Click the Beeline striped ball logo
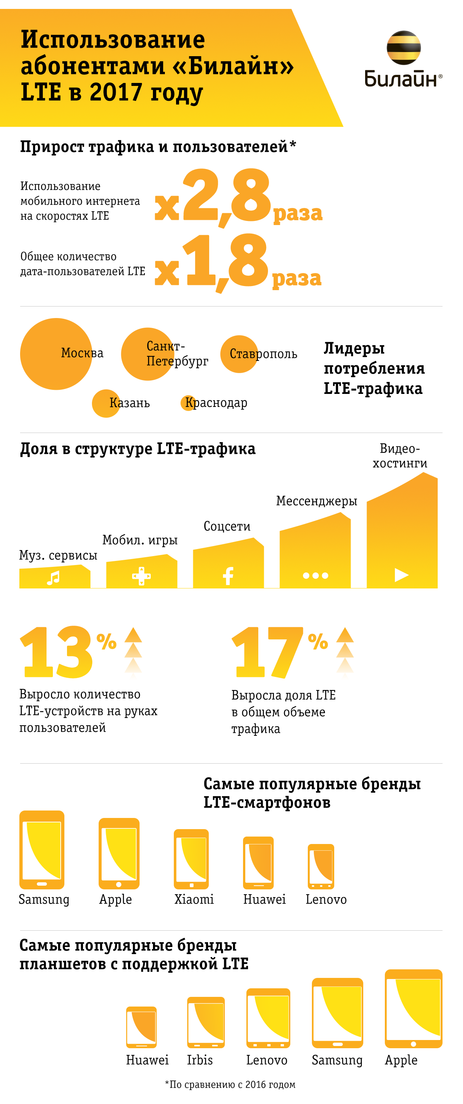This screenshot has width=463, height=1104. [403, 48]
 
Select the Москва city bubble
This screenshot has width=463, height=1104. [56, 354]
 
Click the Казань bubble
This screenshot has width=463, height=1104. [106, 403]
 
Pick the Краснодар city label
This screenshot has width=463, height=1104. [216, 403]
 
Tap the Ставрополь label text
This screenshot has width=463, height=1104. [263, 354]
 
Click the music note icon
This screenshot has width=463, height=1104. [53, 578]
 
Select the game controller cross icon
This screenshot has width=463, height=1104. [141, 576]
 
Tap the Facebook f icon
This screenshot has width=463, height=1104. [228, 576]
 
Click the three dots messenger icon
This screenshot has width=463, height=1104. [316, 575]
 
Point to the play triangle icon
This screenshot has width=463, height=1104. [401, 575]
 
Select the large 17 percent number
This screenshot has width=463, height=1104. [268, 652]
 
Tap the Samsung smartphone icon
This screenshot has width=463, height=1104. [42, 850]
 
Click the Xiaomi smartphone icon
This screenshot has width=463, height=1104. [191, 859]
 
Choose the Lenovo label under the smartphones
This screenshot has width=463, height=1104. [326, 899]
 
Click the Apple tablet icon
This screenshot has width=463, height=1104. [413, 1008]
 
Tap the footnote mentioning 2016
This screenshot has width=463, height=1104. [230, 1084]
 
